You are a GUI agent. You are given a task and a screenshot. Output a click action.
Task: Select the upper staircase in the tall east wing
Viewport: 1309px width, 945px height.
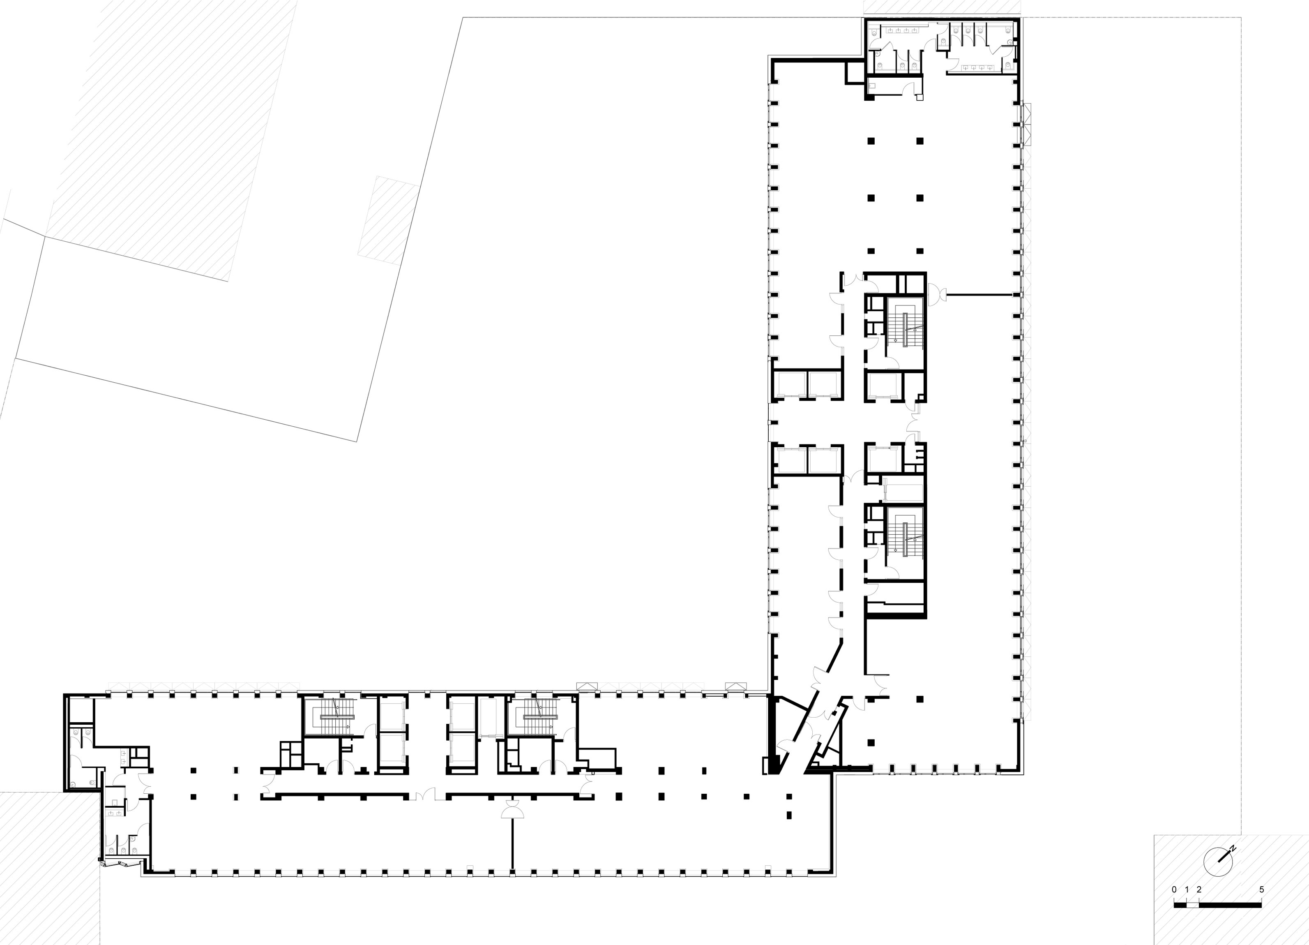click(905, 330)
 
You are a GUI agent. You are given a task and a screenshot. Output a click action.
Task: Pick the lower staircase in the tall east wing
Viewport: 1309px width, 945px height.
click(905, 540)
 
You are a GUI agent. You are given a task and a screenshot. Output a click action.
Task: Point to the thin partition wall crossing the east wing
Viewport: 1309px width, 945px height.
click(980, 295)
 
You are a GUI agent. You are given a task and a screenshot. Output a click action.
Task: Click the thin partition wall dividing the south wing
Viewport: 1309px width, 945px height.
click(512, 843)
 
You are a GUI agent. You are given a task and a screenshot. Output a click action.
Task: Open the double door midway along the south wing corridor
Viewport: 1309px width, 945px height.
click(428, 795)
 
